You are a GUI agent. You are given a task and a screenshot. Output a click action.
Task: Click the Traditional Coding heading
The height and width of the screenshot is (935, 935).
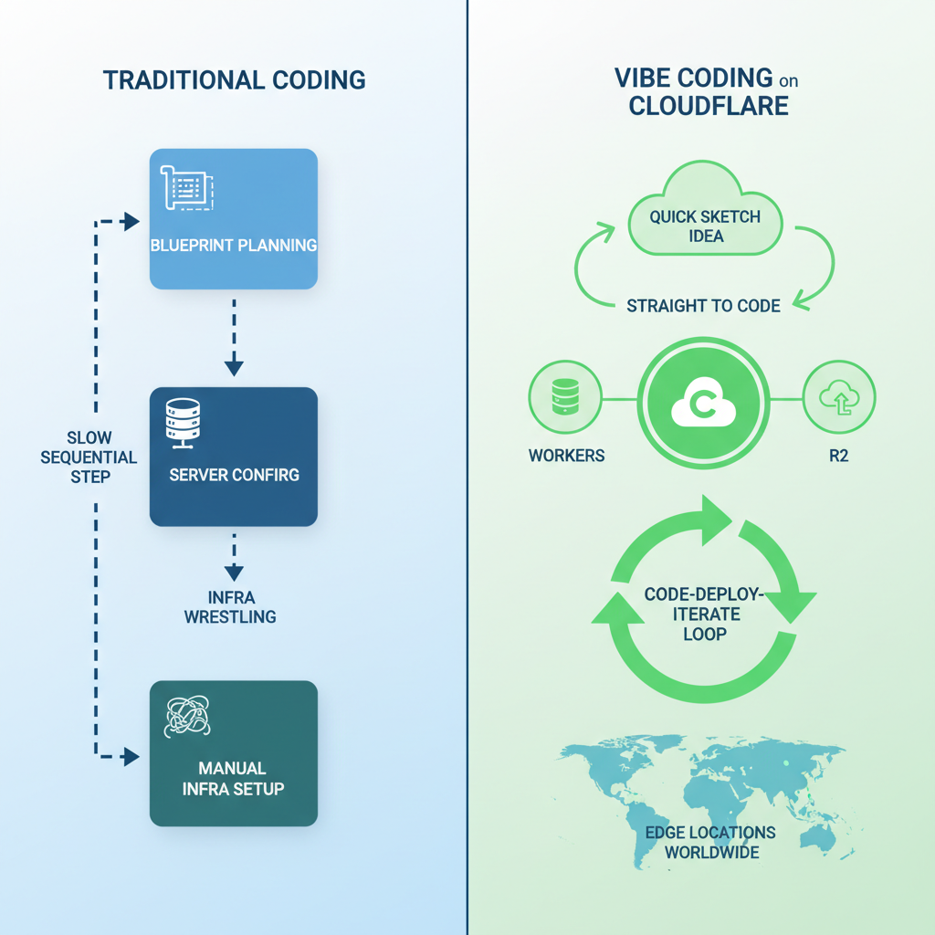[x=234, y=79]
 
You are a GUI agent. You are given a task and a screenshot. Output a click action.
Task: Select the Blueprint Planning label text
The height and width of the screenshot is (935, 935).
[x=235, y=245]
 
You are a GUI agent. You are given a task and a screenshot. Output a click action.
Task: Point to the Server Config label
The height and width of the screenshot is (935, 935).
[x=235, y=475]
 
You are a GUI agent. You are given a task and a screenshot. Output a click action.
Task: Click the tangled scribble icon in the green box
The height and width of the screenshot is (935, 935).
[x=186, y=717]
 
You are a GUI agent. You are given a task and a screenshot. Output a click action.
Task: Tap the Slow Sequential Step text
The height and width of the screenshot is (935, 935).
[x=89, y=457]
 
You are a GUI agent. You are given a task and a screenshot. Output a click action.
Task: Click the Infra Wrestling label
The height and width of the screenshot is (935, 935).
[x=230, y=606]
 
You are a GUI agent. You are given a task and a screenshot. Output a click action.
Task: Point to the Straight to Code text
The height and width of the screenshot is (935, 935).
[x=703, y=306]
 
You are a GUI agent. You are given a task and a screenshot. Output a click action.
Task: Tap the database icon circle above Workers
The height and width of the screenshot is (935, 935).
[x=566, y=398]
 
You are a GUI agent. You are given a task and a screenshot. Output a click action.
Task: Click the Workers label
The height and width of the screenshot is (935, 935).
[x=566, y=455]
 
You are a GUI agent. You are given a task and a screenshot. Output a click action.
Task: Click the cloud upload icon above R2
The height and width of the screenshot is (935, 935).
[x=838, y=398]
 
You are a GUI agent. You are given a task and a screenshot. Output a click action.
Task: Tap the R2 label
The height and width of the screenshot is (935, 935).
[x=838, y=455]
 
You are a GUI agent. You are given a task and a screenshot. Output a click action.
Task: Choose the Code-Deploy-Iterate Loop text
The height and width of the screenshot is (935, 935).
[x=704, y=613]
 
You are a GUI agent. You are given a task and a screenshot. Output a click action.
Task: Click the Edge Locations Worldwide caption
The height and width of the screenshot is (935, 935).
[x=709, y=842]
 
